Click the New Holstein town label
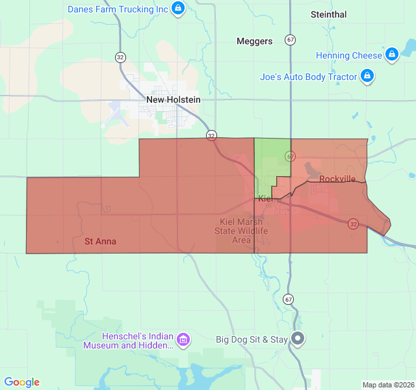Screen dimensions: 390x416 pos(174,99)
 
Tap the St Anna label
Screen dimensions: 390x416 pos(101,241)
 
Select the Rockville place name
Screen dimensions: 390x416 pos(337,179)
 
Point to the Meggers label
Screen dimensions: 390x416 pos(254,41)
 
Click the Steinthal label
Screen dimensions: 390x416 pos(328,14)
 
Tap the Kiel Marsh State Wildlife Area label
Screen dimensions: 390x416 pos(241,231)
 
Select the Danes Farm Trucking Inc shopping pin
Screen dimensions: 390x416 pos(179,9)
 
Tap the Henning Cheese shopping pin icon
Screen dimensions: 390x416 pos(391,55)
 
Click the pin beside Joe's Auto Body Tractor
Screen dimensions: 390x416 pos(367,76)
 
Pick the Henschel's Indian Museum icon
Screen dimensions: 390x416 pos(183,339)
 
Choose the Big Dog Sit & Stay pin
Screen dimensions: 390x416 pos(298,339)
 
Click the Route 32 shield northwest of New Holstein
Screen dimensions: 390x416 pos(120,57)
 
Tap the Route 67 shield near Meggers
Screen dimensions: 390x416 pos(290,40)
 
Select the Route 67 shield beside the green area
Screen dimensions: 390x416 pos(290,157)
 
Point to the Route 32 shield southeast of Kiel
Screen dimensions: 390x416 pos(353,224)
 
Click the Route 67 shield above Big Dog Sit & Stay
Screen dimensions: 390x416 pos(288,299)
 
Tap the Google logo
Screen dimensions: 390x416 pos(22,382)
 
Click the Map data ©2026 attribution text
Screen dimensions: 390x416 pos(387,385)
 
